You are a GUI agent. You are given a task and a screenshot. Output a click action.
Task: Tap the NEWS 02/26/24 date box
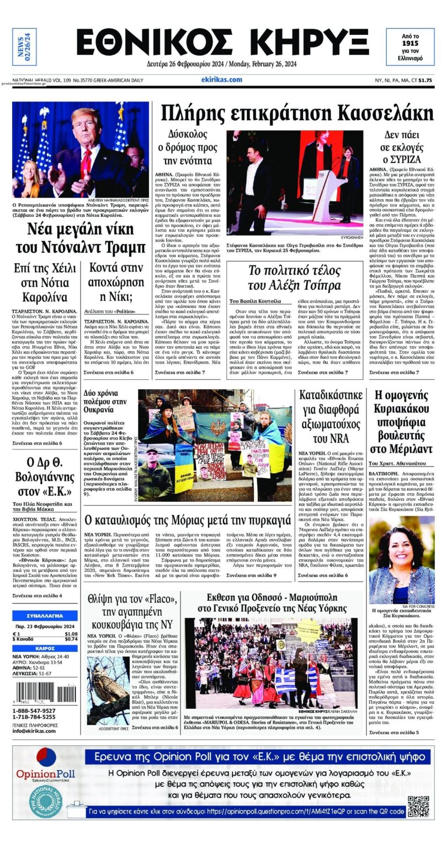coord(24,46)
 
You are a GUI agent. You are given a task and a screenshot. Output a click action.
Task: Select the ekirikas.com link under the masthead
coord(222,79)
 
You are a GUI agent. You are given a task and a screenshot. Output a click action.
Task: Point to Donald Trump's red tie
coord(87,160)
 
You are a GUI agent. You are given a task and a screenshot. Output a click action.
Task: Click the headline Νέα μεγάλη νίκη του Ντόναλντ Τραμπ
coord(81,239)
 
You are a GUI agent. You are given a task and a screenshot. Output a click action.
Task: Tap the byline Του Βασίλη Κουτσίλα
coord(255,301)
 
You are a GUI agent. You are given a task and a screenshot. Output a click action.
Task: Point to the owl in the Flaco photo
coord(108,696)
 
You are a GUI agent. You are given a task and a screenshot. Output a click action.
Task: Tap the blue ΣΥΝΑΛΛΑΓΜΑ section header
coord(45,616)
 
